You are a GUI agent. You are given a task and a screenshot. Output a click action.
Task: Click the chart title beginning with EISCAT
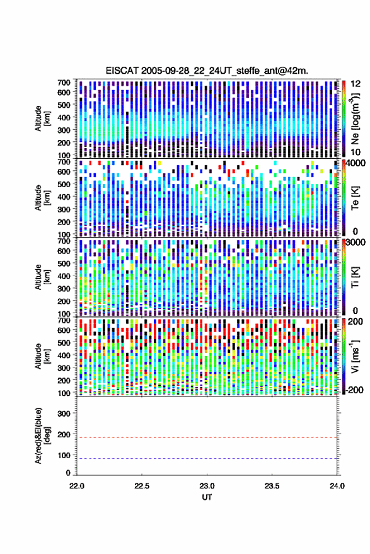point(207,71)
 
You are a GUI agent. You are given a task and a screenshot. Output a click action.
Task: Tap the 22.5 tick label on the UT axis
point(142,486)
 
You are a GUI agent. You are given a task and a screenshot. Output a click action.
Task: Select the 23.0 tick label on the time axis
point(207,486)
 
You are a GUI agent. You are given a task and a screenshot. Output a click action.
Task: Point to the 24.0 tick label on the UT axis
point(337,486)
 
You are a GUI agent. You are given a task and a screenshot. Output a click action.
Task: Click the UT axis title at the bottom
point(207,497)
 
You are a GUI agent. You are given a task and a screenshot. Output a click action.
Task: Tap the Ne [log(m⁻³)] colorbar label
point(355,118)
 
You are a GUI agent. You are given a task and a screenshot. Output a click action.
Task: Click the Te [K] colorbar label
point(355,199)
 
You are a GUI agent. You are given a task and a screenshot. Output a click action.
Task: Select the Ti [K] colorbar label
point(355,277)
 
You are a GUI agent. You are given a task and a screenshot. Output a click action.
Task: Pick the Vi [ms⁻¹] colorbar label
point(355,356)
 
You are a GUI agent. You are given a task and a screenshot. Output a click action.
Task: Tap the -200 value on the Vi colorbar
point(354,390)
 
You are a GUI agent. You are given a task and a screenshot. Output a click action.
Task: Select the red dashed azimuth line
point(207,437)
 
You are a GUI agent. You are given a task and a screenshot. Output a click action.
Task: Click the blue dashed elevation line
point(207,458)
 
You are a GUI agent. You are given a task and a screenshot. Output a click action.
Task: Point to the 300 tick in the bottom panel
point(64,413)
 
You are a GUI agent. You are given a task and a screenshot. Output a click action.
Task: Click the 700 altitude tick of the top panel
point(64,83)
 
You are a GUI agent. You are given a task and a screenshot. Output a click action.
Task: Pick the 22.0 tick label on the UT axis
point(77,486)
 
